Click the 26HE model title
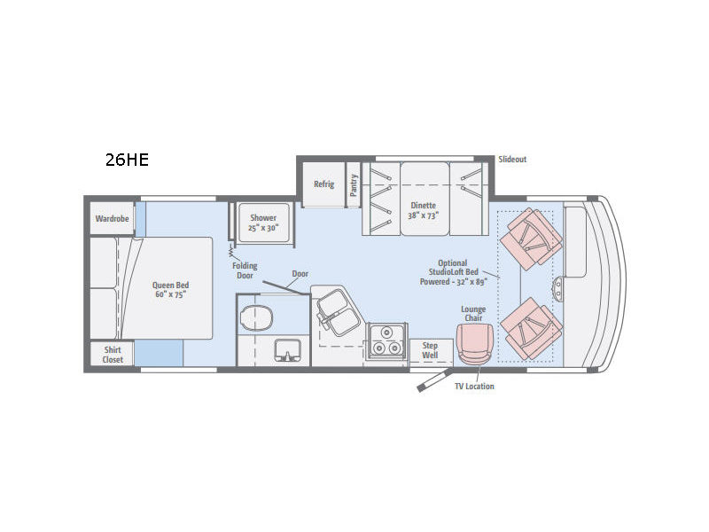coord(127,160)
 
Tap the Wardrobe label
coord(113,218)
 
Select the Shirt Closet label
coord(113,355)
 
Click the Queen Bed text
coord(170,285)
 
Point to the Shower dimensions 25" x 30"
coord(263,228)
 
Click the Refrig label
coord(323,184)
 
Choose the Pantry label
coord(354,185)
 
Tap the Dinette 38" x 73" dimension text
coord(424,215)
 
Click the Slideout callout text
coord(512,160)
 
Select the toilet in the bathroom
coord(257,317)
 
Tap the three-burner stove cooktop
coord(386,340)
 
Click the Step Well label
coord(430,350)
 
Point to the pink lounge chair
coord(473,344)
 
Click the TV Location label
coord(474,387)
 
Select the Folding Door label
coord(245,270)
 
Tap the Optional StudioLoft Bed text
coord(454,268)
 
